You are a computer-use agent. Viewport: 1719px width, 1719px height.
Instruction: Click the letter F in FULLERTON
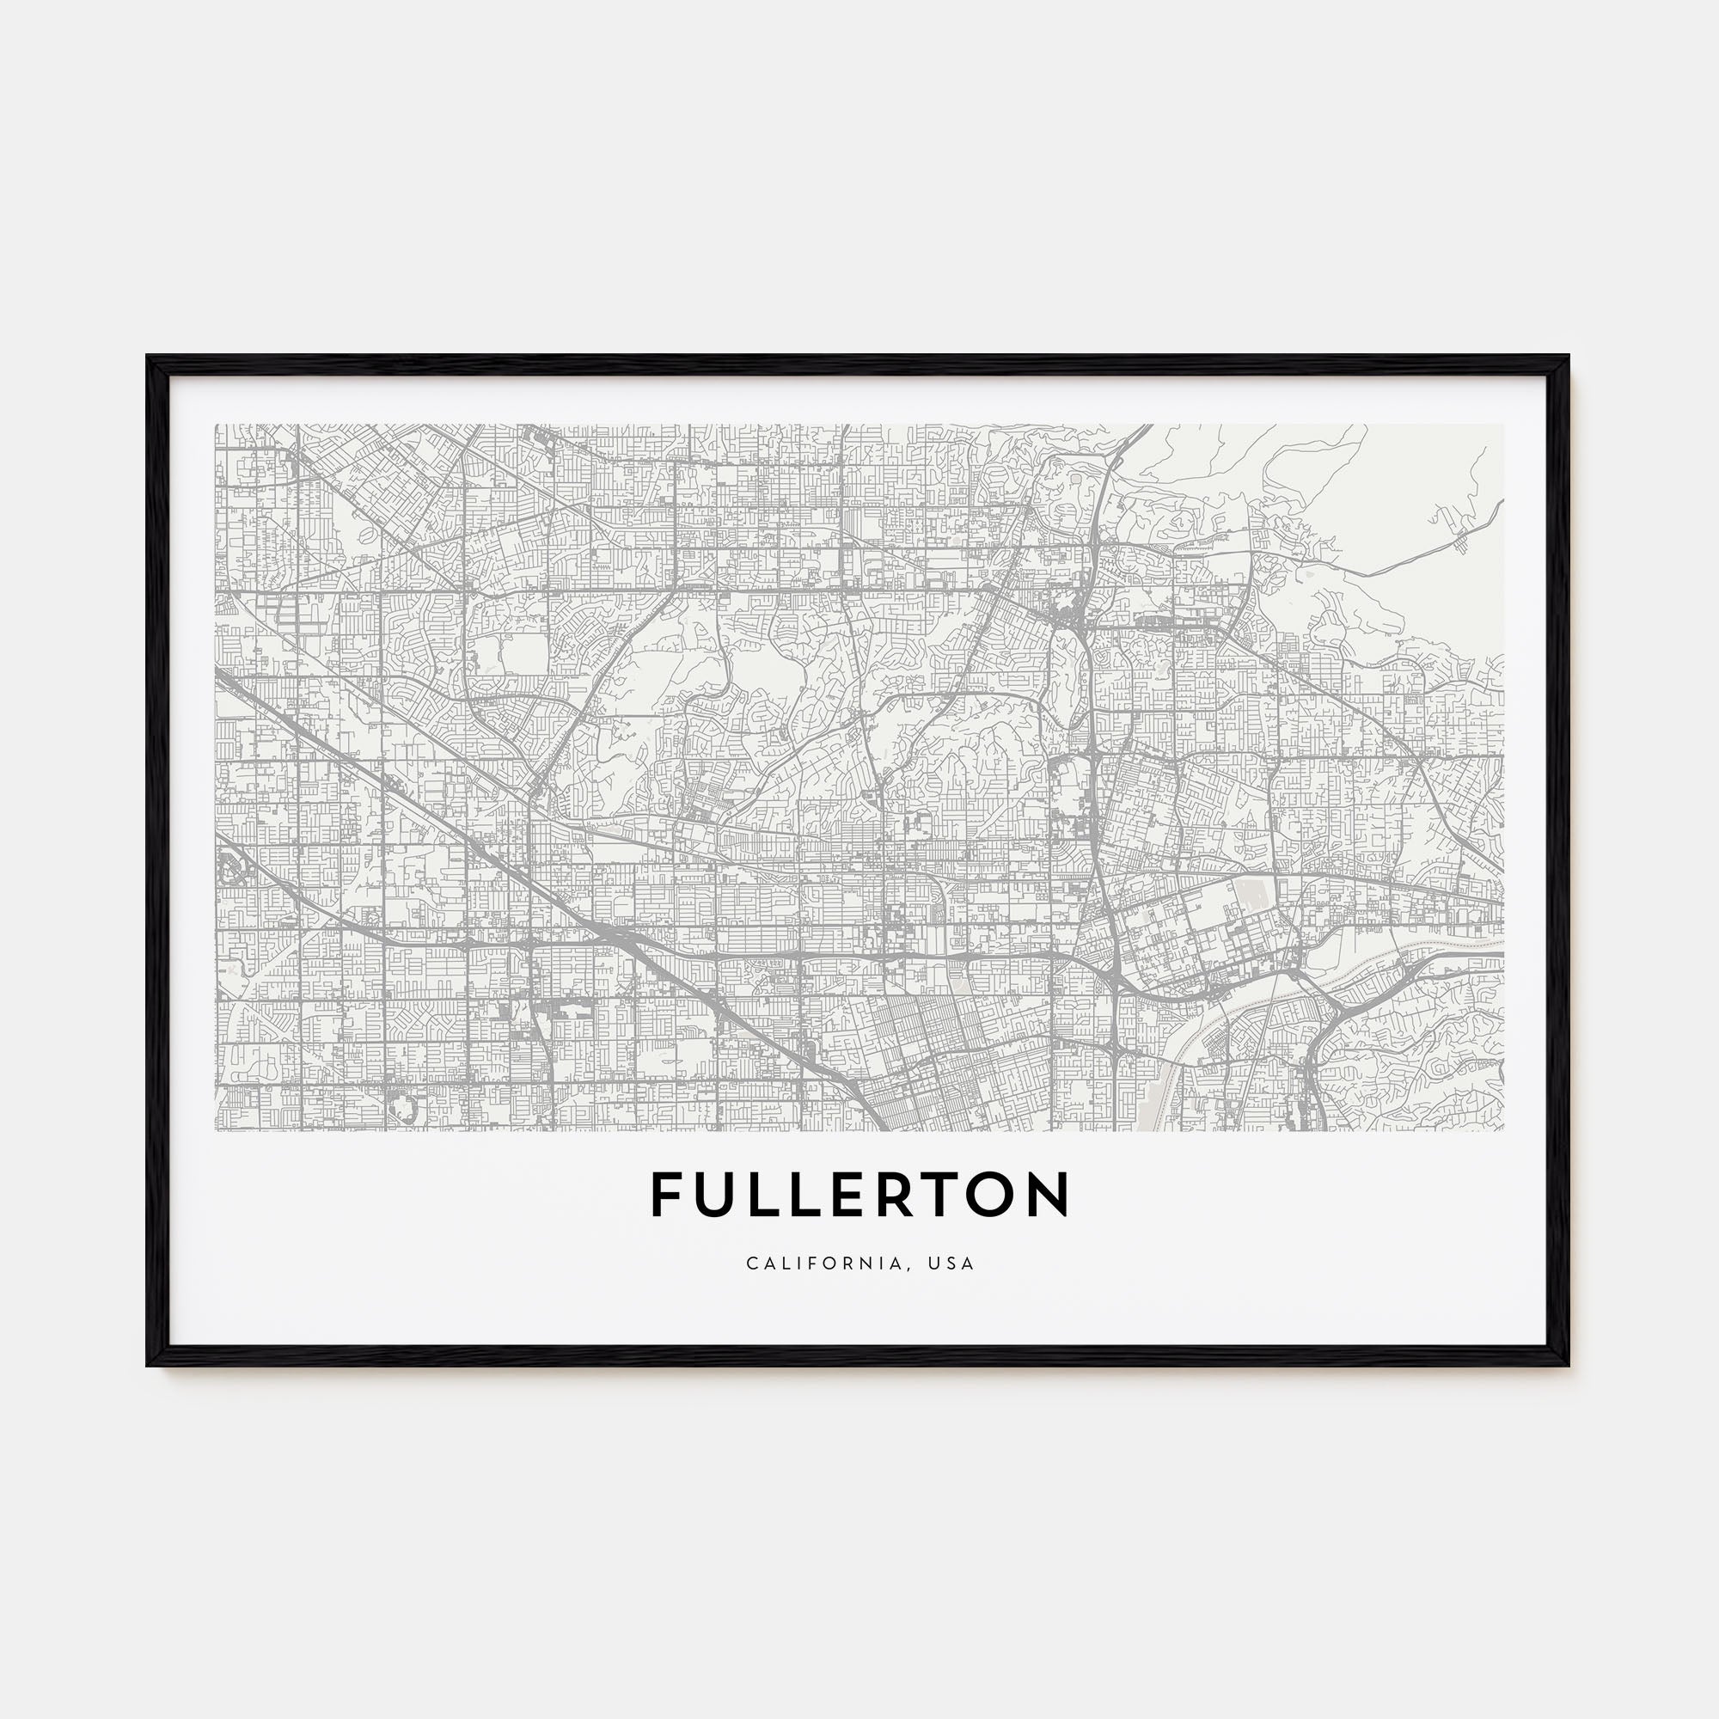(x=665, y=1195)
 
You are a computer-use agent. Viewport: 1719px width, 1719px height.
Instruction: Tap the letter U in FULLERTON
(x=716, y=1195)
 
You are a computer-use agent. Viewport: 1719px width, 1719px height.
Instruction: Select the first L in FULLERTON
(x=765, y=1195)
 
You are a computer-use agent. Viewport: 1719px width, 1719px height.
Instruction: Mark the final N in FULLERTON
(x=1050, y=1195)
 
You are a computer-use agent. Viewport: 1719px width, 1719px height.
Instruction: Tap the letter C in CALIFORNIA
(x=753, y=1263)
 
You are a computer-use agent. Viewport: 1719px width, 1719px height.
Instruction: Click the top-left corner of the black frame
(x=148, y=358)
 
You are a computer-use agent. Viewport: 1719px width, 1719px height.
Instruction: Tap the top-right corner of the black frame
(x=1569, y=358)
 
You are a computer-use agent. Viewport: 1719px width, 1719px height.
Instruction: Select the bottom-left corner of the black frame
(x=148, y=1366)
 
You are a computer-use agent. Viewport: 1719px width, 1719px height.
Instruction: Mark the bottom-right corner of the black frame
(x=1569, y=1366)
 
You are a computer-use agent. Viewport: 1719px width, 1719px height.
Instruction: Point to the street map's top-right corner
(x=1503, y=425)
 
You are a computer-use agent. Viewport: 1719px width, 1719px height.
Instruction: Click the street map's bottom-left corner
(x=217, y=1130)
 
